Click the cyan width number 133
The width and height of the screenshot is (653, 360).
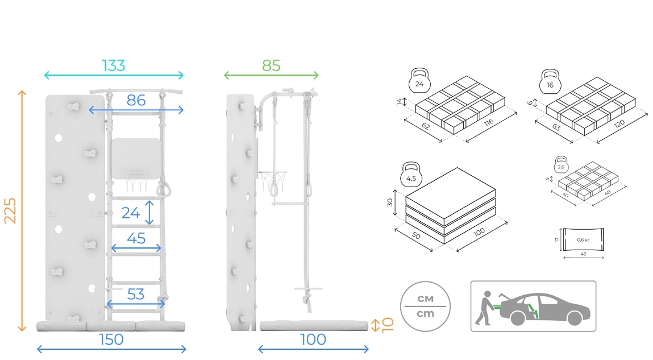(114, 65)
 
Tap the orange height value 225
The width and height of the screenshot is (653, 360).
(10, 210)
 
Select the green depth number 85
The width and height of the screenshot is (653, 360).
(271, 65)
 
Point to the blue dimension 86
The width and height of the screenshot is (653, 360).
(136, 101)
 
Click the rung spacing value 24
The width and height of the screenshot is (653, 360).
(131, 213)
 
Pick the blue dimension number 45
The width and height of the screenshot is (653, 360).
(136, 238)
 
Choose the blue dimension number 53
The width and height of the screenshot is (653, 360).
(136, 295)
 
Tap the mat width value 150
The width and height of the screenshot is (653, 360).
(111, 340)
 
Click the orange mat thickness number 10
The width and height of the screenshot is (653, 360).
(388, 325)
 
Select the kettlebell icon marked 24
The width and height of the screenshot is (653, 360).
(419, 81)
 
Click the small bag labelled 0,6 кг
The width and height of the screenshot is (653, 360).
(583, 239)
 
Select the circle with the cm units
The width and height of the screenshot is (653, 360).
(425, 307)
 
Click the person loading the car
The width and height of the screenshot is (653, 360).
(485, 308)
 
